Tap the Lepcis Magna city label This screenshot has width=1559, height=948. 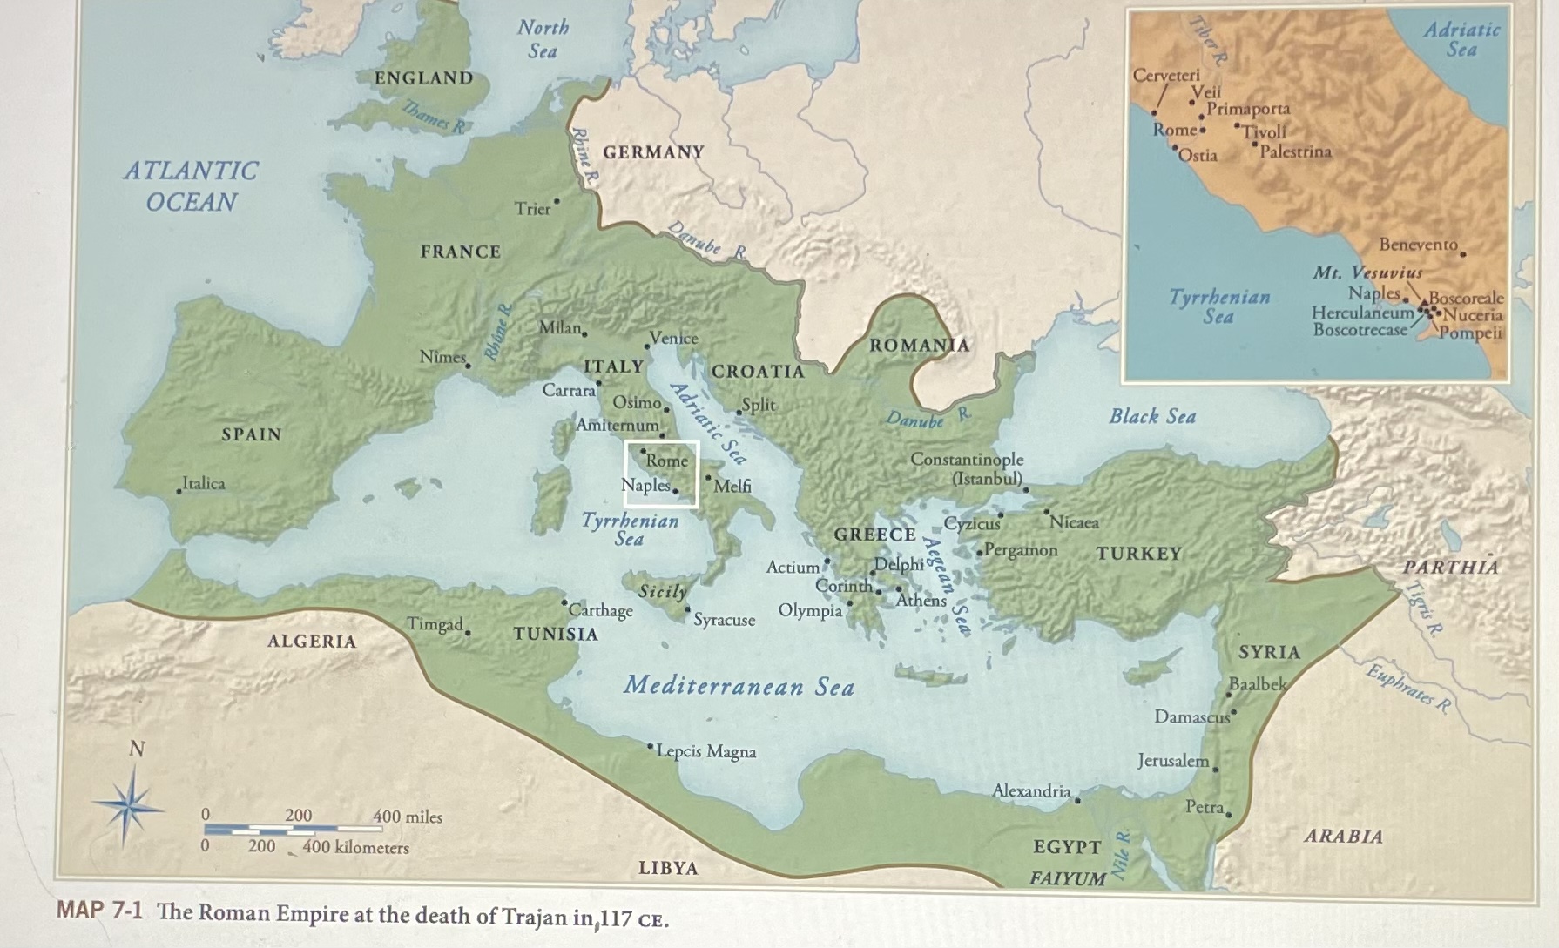(706, 751)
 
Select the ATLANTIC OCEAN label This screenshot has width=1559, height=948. (191, 186)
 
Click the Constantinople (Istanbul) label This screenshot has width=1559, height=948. (967, 468)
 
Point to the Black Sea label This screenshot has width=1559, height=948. (1152, 416)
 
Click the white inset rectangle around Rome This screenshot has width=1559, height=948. (661, 473)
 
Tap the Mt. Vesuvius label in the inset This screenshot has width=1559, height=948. (1367, 272)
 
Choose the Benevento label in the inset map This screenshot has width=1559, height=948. (1418, 245)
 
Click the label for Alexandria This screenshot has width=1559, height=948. (1032, 790)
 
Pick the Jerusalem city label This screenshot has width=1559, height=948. (1173, 760)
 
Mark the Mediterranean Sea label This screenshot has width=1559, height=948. (739, 686)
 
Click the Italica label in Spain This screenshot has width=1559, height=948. (204, 483)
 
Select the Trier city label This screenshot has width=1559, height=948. (532, 209)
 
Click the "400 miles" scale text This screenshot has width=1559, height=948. (408, 817)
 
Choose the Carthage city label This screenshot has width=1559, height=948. (601, 610)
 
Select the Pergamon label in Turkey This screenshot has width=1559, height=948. (1022, 550)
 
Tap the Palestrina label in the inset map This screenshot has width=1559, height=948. (1296, 151)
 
